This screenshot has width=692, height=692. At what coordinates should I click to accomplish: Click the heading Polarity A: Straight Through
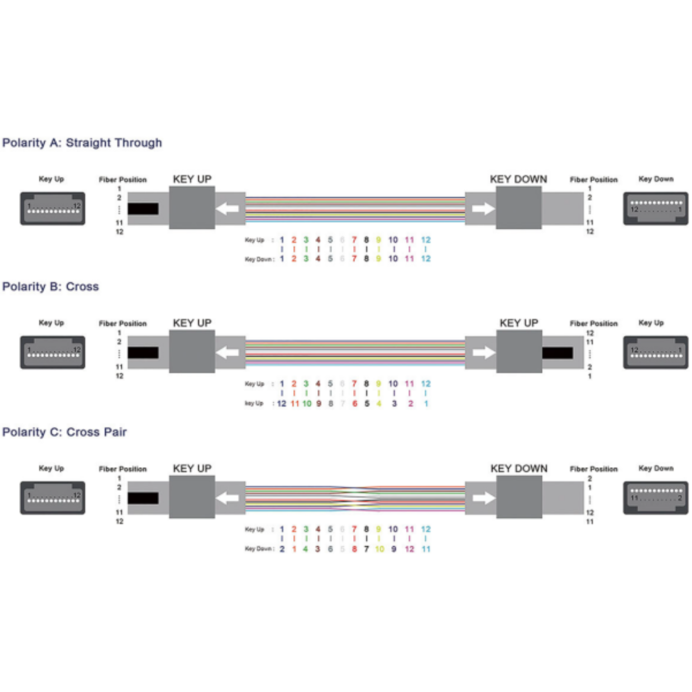coord(82,143)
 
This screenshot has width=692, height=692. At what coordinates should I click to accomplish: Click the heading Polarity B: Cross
coord(51,287)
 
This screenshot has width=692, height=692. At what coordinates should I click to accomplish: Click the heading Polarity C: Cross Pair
coord(64,432)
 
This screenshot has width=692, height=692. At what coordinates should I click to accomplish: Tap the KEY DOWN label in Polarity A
coord(518,179)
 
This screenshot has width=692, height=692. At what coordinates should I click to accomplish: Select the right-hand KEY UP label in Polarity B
coord(519,323)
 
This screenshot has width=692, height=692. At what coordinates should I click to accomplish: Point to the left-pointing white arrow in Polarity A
coord(227,209)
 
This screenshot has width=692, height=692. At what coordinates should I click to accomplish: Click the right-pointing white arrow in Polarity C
coord(484,498)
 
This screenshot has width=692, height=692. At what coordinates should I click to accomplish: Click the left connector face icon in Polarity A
coord(52,208)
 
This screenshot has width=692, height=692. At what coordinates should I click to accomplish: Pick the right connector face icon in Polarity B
coord(655,352)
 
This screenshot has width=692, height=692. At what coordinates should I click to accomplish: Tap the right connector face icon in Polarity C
coord(655,498)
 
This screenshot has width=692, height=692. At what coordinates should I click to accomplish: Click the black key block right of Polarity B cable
coord(557,353)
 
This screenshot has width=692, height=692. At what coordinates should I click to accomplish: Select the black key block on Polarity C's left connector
coord(143,498)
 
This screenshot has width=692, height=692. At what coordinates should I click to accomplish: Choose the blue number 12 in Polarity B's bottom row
coord(282,404)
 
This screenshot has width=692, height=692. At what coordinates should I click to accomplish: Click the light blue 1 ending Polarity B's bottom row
coord(426,404)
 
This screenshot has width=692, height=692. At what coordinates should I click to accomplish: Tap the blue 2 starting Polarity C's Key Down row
coord(282,549)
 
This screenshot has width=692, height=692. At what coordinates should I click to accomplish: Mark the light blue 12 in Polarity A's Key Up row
coord(426,240)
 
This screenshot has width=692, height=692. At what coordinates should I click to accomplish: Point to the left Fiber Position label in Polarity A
coord(123,179)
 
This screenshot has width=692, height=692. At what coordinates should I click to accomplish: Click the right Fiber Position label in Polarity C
coord(593,469)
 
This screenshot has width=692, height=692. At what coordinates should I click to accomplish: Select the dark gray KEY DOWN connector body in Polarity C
coord(519,497)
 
